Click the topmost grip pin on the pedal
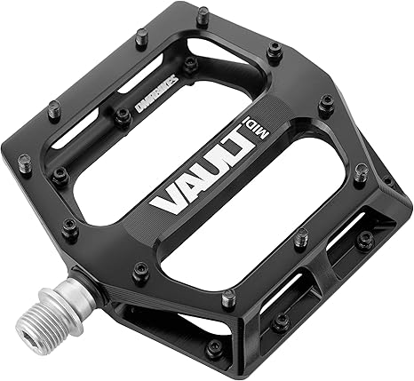point(203,12)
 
